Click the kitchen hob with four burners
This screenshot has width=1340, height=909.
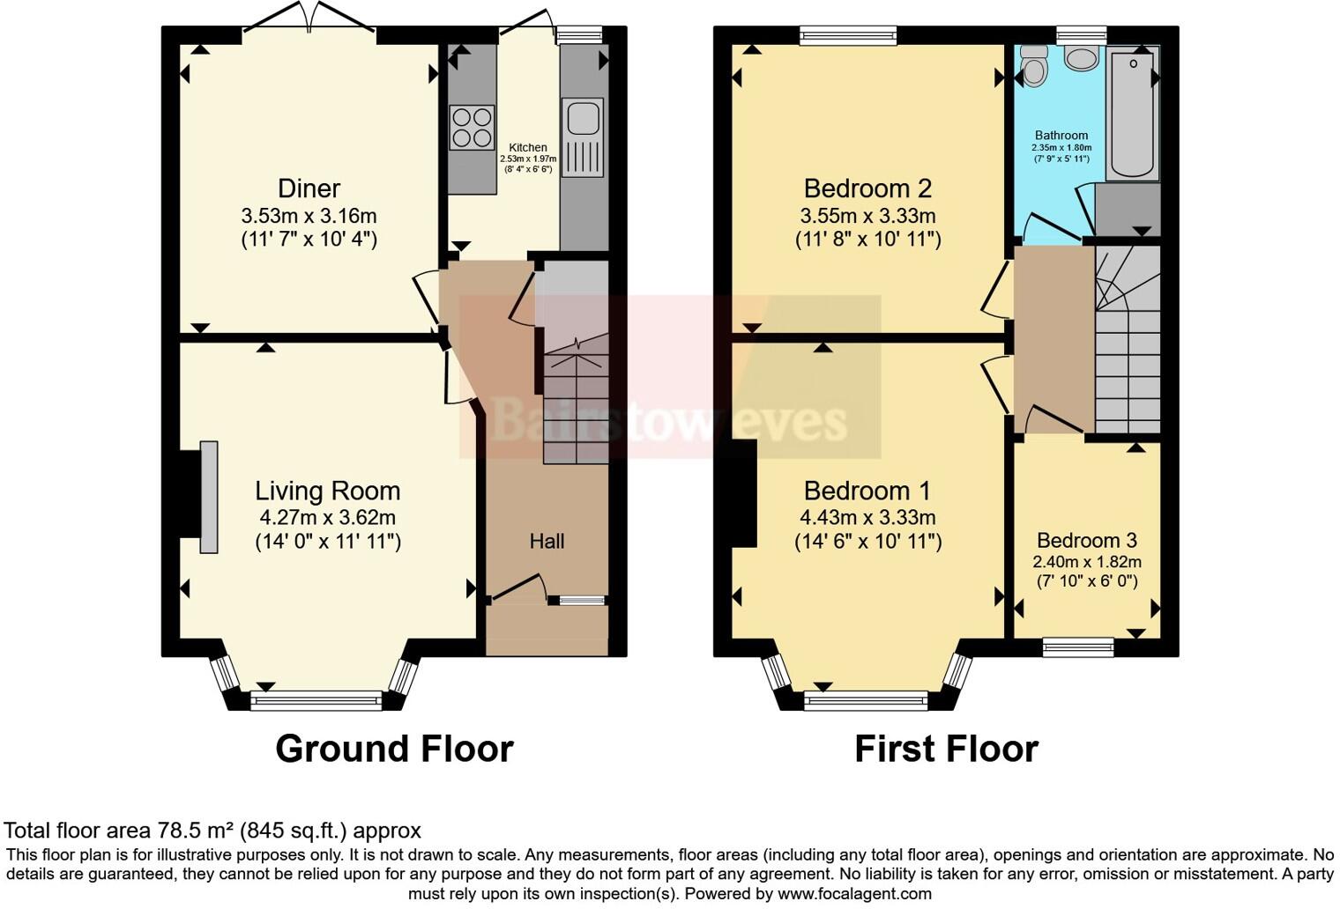[x=471, y=127]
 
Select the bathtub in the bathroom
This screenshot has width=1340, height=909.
[x=1133, y=115]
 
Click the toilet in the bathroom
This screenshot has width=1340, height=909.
[x=1032, y=65]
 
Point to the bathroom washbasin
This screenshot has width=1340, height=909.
[x=1081, y=57]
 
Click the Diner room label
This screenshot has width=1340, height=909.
[x=309, y=188]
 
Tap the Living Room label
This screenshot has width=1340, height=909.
[x=327, y=491]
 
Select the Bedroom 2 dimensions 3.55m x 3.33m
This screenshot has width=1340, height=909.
[x=867, y=216]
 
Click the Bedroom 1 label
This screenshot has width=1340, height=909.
[x=867, y=491]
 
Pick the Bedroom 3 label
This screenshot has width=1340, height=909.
[x=1086, y=541]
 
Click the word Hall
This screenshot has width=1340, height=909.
[x=547, y=542]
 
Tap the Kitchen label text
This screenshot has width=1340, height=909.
[x=528, y=148]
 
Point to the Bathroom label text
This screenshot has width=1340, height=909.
[x=1061, y=136]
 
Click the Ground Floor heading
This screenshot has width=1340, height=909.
[x=394, y=749]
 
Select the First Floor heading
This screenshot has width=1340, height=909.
[x=946, y=749]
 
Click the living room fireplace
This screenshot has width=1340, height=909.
[x=208, y=497]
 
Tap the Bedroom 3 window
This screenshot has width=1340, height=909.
[x=1077, y=648]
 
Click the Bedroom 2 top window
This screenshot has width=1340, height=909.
[x=848, y=35]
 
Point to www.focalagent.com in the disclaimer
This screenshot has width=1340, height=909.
[x=854, y=894]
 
